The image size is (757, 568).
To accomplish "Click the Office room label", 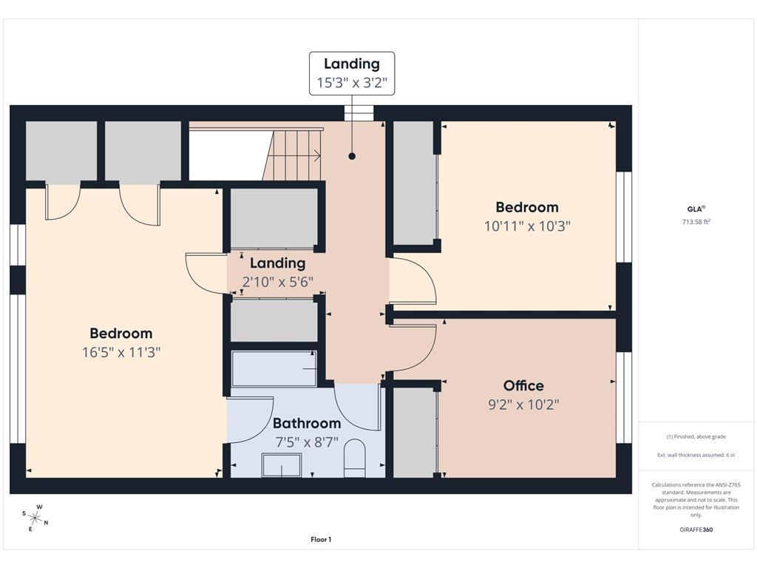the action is click(523, 385).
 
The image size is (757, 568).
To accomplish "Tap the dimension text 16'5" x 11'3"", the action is click(120, 352).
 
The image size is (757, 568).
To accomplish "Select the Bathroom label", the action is click(307, 423).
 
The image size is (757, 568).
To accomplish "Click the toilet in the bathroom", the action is click(355, 458).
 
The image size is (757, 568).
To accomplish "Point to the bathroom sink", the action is click(282, 465).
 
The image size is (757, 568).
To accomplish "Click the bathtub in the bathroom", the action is click(274, 368).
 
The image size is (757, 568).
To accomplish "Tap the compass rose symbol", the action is click(35, 518).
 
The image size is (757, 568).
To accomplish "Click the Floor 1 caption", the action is click(321, 539).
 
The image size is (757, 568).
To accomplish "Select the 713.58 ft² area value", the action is click(696, 222).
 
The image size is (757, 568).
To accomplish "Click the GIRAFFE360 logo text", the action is click(696, 530).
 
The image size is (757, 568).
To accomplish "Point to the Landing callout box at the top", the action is click(352, 73).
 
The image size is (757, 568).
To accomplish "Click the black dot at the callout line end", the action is click(352, 156).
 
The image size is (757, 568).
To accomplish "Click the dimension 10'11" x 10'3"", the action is click(527, 226).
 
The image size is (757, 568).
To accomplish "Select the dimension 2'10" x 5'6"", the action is click(278, 282).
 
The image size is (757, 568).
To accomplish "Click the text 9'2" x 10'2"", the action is click(523, 405).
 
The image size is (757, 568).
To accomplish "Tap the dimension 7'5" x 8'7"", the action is click(307, 442).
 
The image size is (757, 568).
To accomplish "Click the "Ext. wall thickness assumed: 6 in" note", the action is click(696, 455).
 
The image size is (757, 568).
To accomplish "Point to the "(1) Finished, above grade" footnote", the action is click(696, 436).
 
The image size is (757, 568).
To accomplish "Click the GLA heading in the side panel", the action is click(696, 209).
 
